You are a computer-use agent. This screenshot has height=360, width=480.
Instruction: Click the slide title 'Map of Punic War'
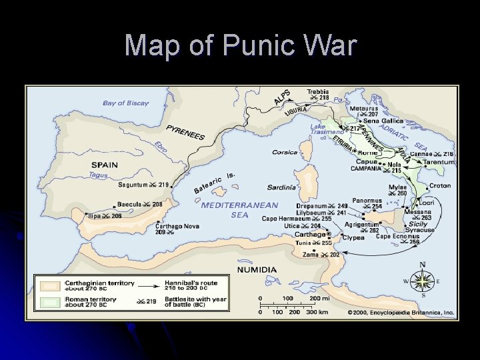[x=240, y=45]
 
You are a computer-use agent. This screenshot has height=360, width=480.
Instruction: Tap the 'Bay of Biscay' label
[x=125, y=103]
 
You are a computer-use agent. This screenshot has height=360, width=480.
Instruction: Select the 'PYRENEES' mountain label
[x=186, y=132]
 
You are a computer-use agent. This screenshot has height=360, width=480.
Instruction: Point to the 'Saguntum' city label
[x=133, y=185]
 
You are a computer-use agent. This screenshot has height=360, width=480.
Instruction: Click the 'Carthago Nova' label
[x=177, y=226]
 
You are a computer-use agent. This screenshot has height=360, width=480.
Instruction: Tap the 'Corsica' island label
[x=285, y=152]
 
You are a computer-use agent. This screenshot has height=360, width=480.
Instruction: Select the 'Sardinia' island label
[x=281, y=187]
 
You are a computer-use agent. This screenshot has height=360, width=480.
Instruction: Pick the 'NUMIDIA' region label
[x=257, y=269]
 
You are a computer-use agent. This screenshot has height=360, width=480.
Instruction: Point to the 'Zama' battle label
[x=311, y=254]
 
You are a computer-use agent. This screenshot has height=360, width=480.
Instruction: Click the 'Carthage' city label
[x=310, y=235]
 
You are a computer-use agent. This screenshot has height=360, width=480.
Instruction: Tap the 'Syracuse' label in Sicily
[x=419, y=230]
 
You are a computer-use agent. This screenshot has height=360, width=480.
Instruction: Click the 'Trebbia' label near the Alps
[x=317, y=91]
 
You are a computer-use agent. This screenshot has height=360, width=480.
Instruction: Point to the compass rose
[x=422, y=280]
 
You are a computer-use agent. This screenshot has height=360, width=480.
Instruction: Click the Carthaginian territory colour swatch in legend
[x=49, y=286]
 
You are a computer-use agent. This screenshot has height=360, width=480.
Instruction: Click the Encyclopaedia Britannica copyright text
[x=400, y=311]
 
